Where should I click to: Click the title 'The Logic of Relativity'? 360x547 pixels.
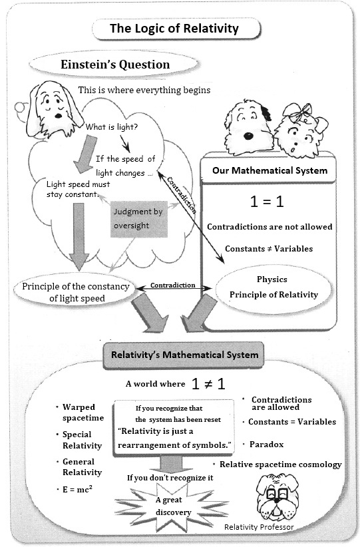[174, 29]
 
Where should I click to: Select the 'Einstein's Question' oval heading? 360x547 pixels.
[115, 65]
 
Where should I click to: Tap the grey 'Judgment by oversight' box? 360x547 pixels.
[139, 219]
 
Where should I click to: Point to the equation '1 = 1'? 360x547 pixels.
[267, 202]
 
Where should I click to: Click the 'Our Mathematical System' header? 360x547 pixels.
[270, 170]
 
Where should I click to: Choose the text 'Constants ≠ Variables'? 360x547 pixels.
[269, 249]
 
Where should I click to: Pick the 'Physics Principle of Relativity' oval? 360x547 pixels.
[273, 287]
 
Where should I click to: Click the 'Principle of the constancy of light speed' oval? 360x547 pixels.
[75, 291]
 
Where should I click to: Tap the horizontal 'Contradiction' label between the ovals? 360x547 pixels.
[172, 285]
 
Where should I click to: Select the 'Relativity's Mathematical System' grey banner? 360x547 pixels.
[184, 355]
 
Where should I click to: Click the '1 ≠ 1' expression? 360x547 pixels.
[208, 384]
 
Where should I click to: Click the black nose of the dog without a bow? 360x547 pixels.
[248, 136]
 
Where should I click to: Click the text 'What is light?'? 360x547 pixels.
[112, 127]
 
